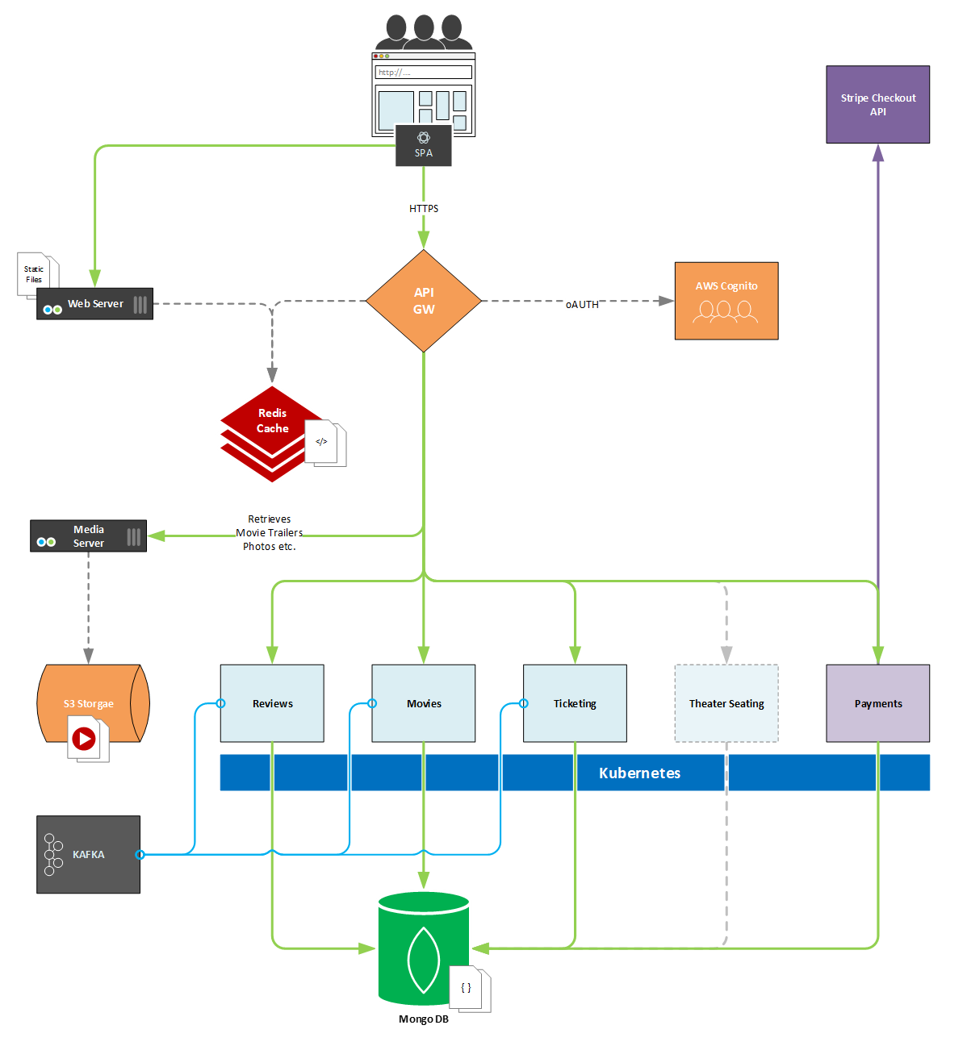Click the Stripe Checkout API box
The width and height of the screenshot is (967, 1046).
pyautogui.click(x=877, y=104)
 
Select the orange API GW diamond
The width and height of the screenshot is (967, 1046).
pyautogui.click(x=424, y=301)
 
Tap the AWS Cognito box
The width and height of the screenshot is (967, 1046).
pyautogui.click(x=726, y=301)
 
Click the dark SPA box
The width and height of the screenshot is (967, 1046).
pyautogui.click(x=424, y=145)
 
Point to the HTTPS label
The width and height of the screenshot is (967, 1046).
pyautogui.click(x=424, y=209)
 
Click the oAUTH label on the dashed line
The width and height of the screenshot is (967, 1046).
pyautogui.click(x=581, y=304)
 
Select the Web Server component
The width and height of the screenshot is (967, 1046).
pyautogui.click(x=94, y=303)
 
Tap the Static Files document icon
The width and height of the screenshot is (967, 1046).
pyautogui.click(x=35, y=274)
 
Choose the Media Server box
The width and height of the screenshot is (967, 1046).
pyautogui.click(x=88, y=536)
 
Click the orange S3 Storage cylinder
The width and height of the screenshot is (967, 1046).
pyautogui.click(x=94, y=702)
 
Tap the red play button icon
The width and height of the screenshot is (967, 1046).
pyautogui.click(x=84, y=739)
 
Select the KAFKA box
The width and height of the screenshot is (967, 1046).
pyautogui.click(x=88, y=854)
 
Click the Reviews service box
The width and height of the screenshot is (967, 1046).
pyautogui.click(x=272, y=703)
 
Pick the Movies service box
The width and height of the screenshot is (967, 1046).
pyautogui.click(x=424, y=703)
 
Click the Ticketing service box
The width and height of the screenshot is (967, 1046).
pyautogui.click(x=575, y=703)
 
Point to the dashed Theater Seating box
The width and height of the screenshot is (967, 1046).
pyautogui.click(x=726, y=703)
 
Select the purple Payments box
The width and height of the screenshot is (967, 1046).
pyautogui.click(x=877, y=703)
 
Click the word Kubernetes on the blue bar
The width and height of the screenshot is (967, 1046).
pyautogui.click(x=639, y=773)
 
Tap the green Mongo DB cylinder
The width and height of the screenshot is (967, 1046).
pyautogui.click(x=424, y=948)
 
